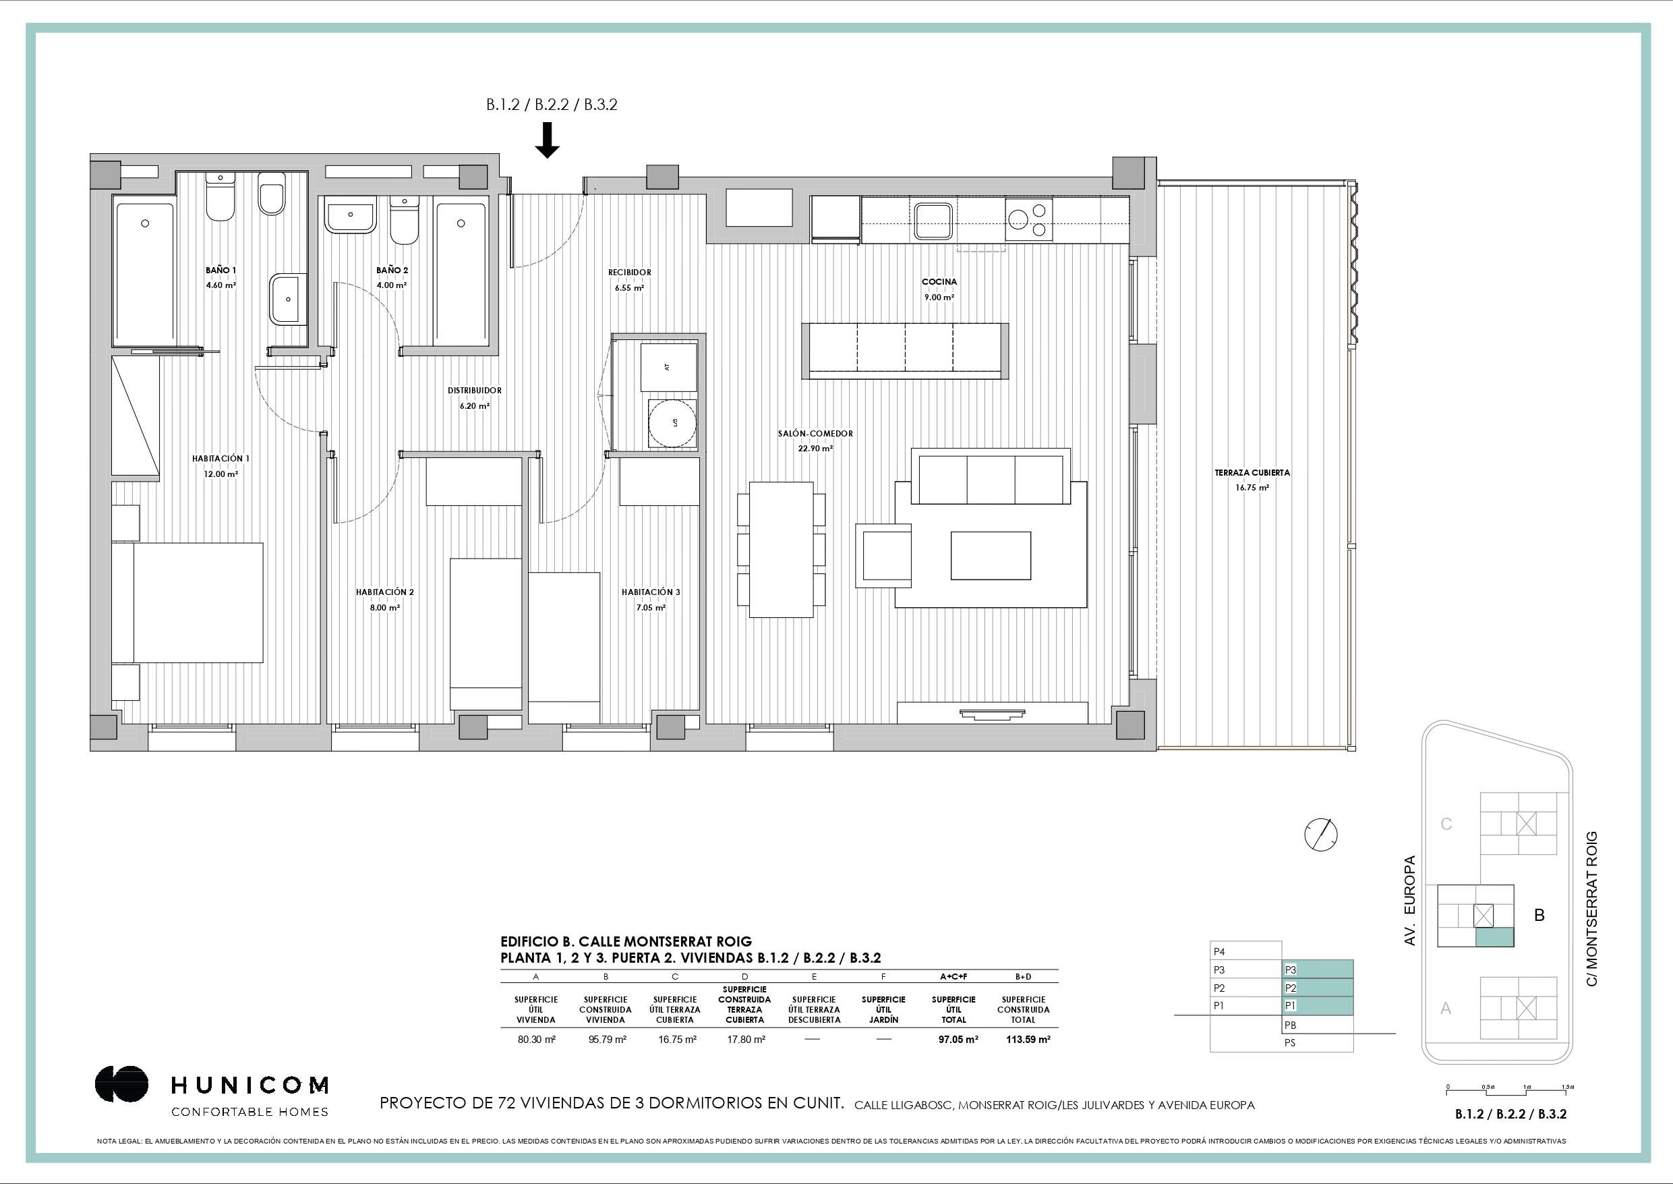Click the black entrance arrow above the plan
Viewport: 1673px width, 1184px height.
(x=548, y=140)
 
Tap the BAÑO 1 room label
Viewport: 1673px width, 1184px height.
(x=221, y=271)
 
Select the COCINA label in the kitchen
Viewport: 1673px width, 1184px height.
(x=939, y=281)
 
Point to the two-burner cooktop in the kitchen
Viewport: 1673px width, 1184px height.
(x=1029, y=220)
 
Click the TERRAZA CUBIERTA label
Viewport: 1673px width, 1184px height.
(x=1252, y=472)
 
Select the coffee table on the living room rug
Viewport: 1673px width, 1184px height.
(x=991, y=555)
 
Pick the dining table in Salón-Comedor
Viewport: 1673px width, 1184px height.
(x=781, y=549)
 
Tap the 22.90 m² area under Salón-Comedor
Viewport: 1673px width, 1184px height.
(x=815, y=449)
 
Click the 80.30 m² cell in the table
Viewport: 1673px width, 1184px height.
(x=536, y=1040)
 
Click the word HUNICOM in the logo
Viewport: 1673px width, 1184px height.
(x=250, y=1086)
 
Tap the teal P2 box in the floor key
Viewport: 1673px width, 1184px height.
(x=1318, y=988)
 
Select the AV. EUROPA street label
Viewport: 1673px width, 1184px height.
(x=1409, y=901)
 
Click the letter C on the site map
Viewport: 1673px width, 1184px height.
(x=1446, y=824)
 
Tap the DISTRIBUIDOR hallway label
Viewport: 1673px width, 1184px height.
(x=474, y=391)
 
